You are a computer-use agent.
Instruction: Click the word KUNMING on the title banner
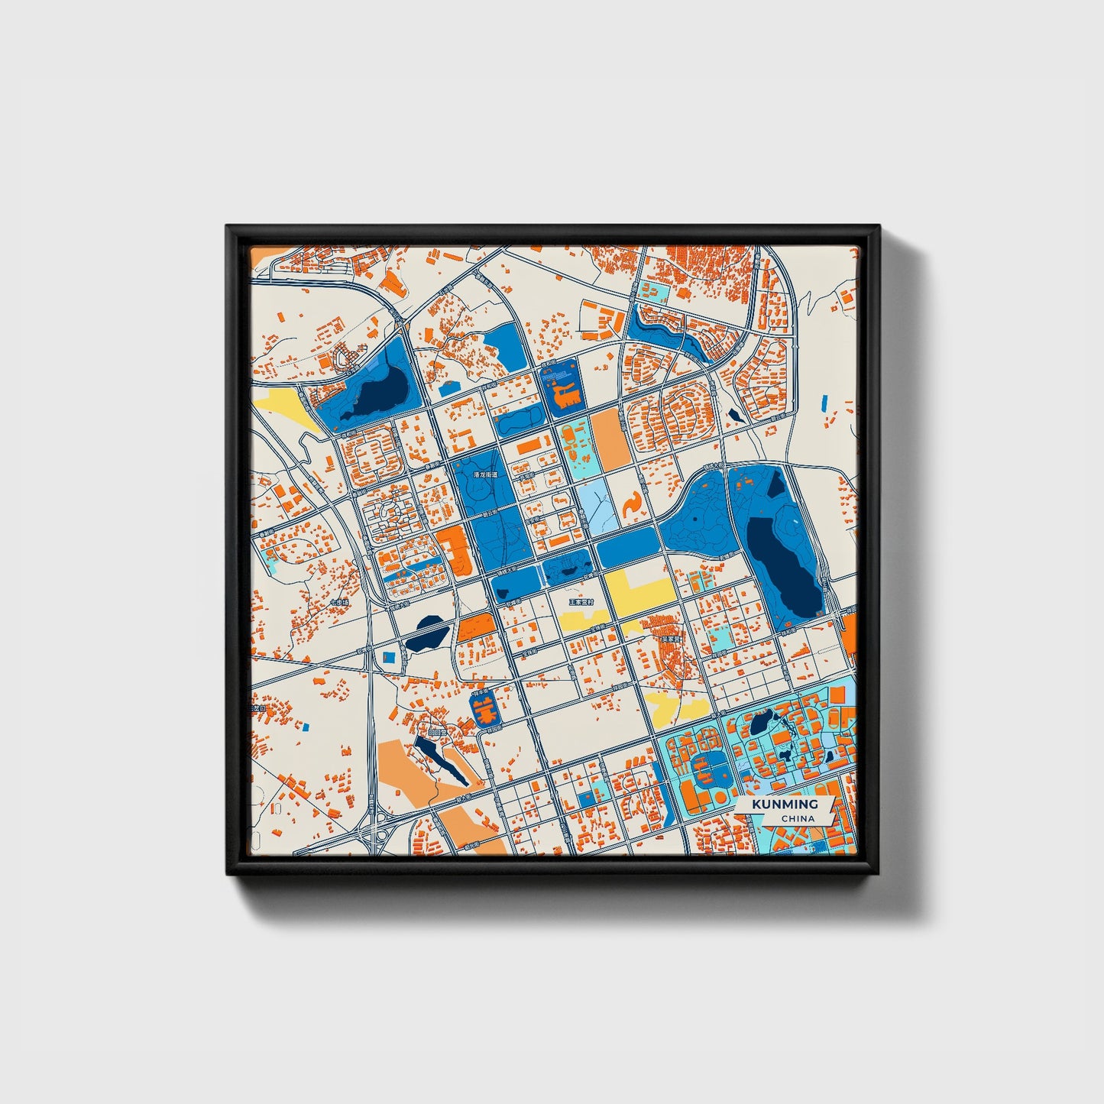coord(784,805)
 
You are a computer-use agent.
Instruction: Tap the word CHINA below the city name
coord(798,818)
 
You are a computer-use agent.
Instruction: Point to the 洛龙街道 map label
coord(485,474)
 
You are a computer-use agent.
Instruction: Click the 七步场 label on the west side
coord(339,603)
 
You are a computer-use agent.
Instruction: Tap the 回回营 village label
coord(436,731)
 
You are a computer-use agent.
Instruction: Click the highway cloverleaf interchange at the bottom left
coord(377,831)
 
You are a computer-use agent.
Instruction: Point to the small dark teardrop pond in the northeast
coord(735,415)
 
